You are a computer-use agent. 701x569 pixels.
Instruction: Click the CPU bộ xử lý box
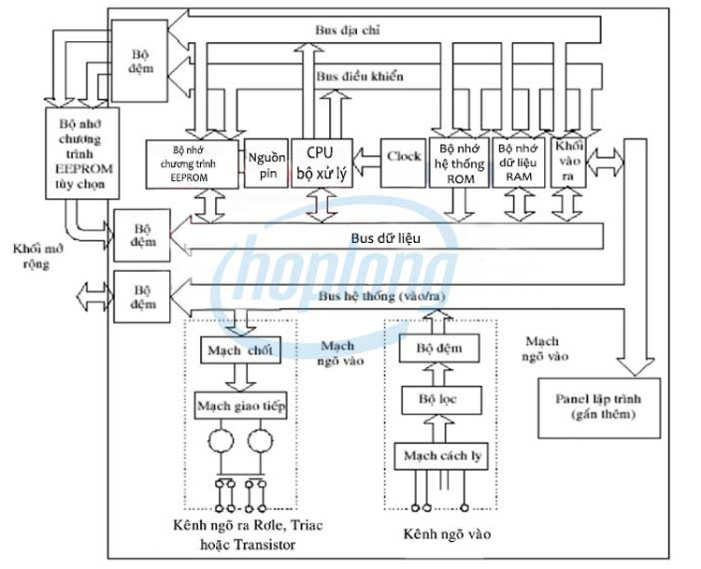322,163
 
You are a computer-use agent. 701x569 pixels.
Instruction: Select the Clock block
404,157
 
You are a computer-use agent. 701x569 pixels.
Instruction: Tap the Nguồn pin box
266,164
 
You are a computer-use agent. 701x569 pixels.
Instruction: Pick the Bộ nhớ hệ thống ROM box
459,164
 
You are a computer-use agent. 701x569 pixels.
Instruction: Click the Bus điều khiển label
360,76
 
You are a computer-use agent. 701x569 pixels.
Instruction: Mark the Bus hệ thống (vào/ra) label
373,296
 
